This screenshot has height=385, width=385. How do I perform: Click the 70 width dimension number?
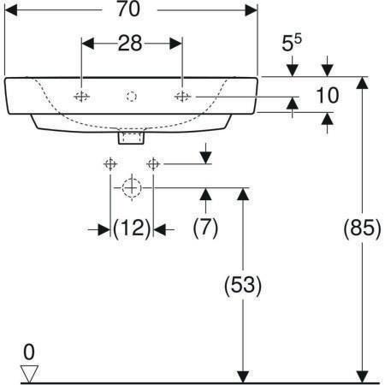pos(128,9)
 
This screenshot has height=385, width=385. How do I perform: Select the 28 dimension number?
pos(130,44)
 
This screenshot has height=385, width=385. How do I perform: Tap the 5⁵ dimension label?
pos(291,42)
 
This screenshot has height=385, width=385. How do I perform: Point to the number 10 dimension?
pos(328,95)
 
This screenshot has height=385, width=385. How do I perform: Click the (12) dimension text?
pos(132,228)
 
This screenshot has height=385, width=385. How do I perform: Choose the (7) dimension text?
pos(205,228)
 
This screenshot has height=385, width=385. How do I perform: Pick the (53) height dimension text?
pos(243,285)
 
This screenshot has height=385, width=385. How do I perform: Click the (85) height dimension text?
pos(362,228)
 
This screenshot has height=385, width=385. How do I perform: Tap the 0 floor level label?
pos(29,352)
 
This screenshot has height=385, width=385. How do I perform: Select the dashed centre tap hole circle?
pos(132,97)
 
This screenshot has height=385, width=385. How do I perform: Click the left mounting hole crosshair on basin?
pos(81,97)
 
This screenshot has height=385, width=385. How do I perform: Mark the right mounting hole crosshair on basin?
pos(182,97)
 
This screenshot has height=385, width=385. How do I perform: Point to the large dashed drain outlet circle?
pos(132,188)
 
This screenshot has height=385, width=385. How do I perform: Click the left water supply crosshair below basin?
pos(110,164)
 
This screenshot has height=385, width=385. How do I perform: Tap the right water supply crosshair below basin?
pos(153,164)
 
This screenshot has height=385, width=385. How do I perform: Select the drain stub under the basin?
pos(131,136)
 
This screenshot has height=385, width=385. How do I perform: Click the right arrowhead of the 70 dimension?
pos(251,10)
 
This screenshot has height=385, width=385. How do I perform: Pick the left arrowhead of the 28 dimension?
pos(88,44)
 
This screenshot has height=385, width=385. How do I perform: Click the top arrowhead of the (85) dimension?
pos(362,83)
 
